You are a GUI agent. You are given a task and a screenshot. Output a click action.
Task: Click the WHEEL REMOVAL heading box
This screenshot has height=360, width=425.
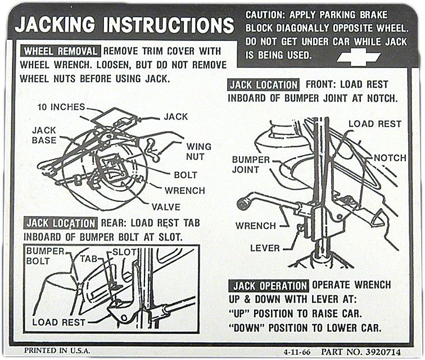61,51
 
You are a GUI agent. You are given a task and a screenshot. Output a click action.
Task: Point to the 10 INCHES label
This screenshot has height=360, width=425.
62,107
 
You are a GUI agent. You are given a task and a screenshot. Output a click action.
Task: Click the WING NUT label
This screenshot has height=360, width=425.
199,151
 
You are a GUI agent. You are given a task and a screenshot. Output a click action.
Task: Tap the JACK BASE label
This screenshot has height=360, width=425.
44,135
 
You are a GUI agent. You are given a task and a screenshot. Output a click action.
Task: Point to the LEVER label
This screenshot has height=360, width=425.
265,247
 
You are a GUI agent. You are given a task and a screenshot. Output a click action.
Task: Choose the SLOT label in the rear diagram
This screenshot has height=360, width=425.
125,251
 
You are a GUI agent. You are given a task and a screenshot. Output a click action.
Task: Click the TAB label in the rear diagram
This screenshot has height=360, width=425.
89,258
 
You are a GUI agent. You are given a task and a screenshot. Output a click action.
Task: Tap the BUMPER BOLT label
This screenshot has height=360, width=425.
46,256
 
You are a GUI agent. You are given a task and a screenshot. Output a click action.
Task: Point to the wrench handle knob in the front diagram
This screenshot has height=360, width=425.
244,202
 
